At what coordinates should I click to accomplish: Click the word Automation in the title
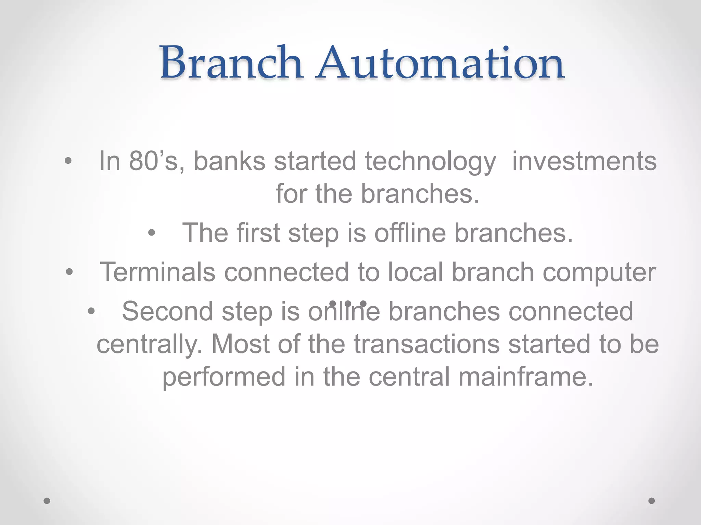440,63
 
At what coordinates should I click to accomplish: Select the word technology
430,162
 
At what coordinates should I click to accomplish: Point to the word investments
584,161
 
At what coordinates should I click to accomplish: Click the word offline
410,233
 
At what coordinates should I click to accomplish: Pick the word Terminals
157,272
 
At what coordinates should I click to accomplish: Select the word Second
167,311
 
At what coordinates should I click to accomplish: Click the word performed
224,377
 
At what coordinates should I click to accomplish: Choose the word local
415,272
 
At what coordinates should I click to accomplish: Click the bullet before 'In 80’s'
68,161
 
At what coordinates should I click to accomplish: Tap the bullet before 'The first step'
152,233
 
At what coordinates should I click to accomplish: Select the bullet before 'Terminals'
69,272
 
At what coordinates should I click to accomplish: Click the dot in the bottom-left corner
47,501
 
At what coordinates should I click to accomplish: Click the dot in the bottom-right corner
652,501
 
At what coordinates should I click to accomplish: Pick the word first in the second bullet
258,233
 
